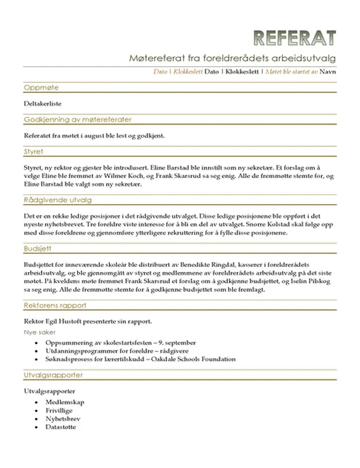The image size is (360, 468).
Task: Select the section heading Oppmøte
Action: (41, 88)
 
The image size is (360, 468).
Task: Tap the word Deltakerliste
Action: (43, 104)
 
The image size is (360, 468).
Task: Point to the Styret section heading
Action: (34, 152)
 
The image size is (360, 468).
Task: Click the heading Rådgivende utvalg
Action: (58, 200)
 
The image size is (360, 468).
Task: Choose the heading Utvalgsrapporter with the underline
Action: (53, 374)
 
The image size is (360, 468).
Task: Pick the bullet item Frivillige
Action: (61, 410)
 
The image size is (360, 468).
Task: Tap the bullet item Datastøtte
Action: (61, 426)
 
